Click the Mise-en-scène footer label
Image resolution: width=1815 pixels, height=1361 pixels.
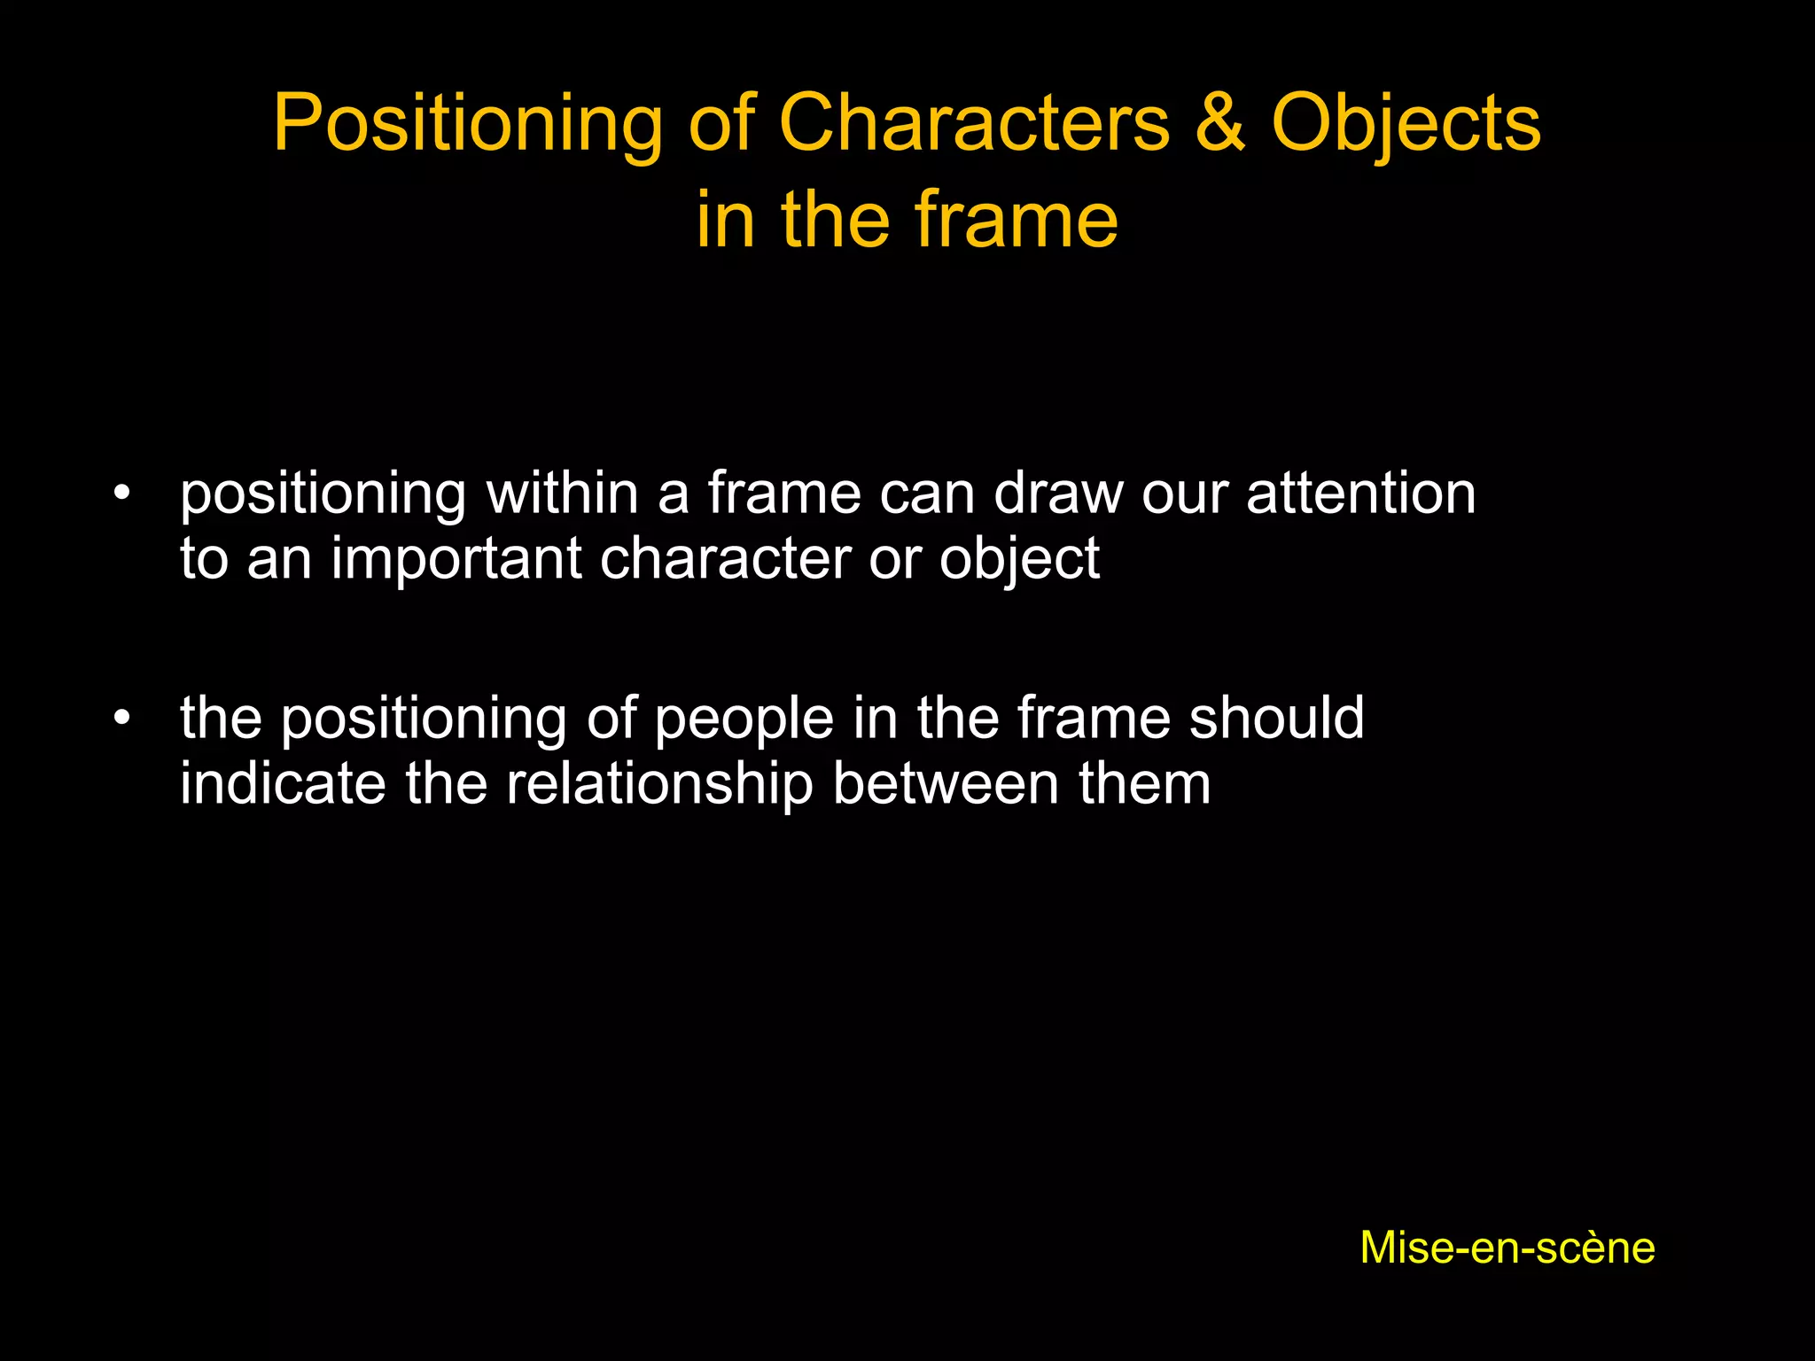coord(1507,1248)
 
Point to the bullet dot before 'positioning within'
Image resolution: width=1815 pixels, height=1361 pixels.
coord(122,492)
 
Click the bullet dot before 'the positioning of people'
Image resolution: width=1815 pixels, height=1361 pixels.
coord(122,717)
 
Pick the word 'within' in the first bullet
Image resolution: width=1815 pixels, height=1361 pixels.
coord(562,493)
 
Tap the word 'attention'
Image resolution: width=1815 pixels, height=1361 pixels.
coord(1361,493)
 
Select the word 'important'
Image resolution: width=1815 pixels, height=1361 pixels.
coord(456,560)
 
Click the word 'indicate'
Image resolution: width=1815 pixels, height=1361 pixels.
coord(283,783)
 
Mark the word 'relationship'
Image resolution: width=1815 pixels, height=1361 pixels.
coord(659,785)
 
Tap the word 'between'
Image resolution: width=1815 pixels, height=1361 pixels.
coord(946,783)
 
